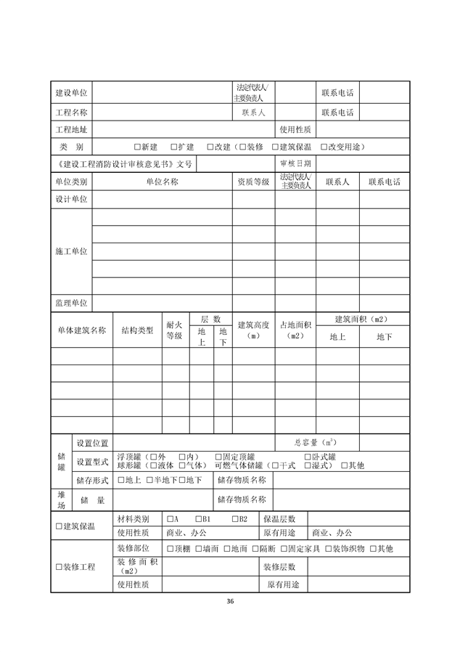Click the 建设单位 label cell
(x=71, y=94)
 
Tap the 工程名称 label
(x=71, y=113)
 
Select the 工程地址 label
(x=71, y=130)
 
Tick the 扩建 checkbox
(x=174, y=147)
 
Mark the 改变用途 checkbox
(x=324, y=147)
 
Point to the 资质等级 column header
(x=253, y=182)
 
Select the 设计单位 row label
(x=71, y=199)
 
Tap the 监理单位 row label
(x=71, y=303)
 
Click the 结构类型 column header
(x=137, y=330)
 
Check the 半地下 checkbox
(x=149, y=480)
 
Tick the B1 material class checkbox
(x=198, y=519)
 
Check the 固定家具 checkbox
(x=283, y=549)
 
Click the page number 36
(x=230, y=601)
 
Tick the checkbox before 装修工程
(x=59, y=566)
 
